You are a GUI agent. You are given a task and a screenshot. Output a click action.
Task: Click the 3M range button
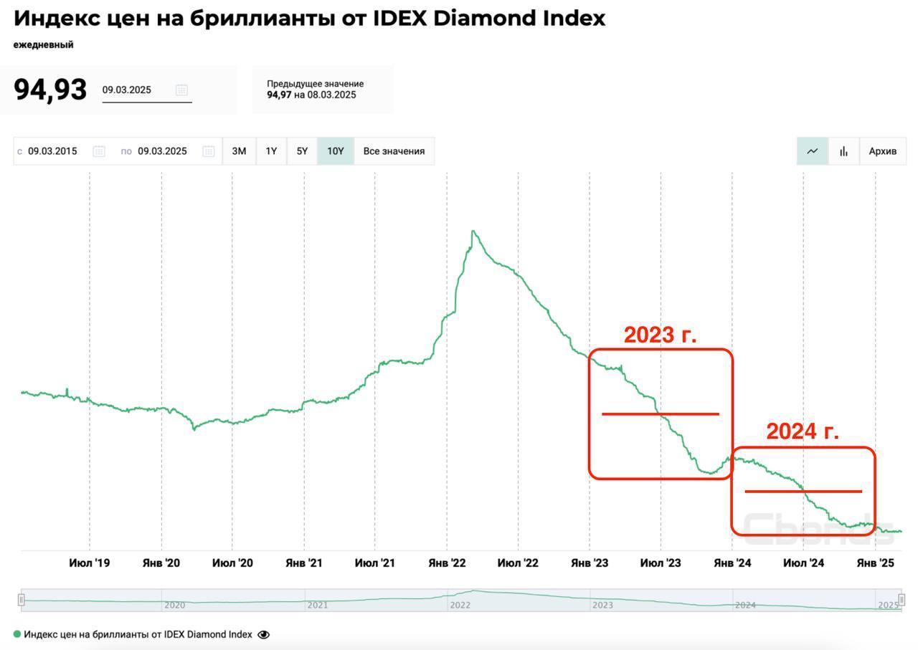[239, 151]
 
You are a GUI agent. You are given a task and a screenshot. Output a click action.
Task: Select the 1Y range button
[271, 151]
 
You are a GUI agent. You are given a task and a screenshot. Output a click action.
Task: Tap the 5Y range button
[302, 151]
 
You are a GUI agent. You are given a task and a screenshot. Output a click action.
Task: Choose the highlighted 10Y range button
[336, 151]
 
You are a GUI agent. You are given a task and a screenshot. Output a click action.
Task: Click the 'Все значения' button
[394, 151]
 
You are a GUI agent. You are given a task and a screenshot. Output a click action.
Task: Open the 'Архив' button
[882, 151]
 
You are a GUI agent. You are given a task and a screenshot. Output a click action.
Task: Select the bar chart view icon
[843, 151]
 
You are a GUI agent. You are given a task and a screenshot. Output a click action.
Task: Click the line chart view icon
[813, 151]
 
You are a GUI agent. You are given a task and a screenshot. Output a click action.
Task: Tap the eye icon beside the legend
[263, 634]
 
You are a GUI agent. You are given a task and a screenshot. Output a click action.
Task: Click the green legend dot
[17, 634]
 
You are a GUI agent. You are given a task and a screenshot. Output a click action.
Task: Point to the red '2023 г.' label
[660, 335]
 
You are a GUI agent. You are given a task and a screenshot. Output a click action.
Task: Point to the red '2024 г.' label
[802, 431]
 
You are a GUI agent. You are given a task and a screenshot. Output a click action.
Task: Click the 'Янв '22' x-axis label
[447, 563]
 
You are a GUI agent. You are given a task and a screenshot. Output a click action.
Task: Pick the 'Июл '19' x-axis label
[90, 563]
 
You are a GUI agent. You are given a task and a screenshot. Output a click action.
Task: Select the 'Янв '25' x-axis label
[876, 563]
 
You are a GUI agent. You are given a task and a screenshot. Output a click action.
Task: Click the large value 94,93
[50, 90]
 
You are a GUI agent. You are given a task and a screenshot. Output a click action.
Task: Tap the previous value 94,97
[279, 95]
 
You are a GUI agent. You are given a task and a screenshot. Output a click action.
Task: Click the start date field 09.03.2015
[52, 151]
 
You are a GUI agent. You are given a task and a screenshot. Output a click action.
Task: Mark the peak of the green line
[473, 231]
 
